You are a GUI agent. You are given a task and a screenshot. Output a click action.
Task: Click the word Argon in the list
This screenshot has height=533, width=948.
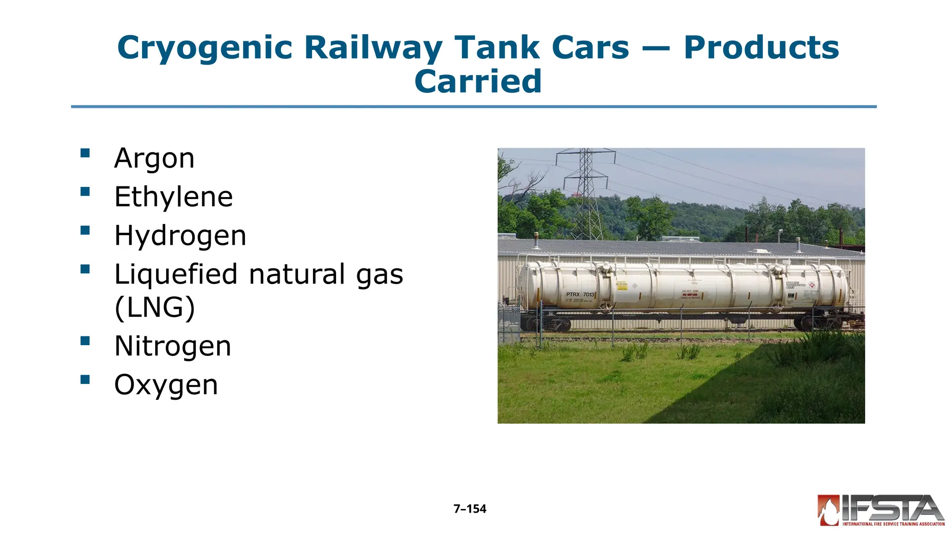point(154,159)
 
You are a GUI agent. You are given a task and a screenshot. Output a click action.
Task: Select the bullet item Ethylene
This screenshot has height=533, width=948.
point(174,197)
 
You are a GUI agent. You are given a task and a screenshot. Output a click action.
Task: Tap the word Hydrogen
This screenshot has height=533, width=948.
point(180,236)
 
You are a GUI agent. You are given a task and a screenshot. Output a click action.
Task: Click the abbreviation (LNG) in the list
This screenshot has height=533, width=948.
point(155,308)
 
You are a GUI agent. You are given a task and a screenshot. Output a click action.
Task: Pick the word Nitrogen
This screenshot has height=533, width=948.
point(173,346)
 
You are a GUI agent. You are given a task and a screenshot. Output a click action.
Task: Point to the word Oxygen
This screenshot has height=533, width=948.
point(166,385)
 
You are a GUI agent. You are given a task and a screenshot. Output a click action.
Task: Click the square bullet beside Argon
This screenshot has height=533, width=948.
point(85,153)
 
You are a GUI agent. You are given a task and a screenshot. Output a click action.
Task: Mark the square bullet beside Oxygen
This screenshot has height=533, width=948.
point(85,380)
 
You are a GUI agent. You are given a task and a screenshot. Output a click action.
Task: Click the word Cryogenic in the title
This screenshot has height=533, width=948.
point(205,48)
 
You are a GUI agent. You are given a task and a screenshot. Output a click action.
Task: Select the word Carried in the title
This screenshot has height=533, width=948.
point(478,81)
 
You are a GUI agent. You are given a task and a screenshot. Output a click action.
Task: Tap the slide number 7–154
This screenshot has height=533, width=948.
point(470,509)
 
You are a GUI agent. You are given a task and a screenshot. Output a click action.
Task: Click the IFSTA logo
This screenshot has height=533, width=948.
point(880,510)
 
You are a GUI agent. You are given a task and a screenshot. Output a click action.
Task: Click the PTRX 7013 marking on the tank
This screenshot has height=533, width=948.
point(580,294)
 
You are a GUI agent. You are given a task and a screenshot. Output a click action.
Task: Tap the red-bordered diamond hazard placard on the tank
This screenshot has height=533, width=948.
point(811,285)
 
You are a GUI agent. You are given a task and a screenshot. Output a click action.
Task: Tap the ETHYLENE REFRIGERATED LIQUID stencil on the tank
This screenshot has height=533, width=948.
point(795,285)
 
